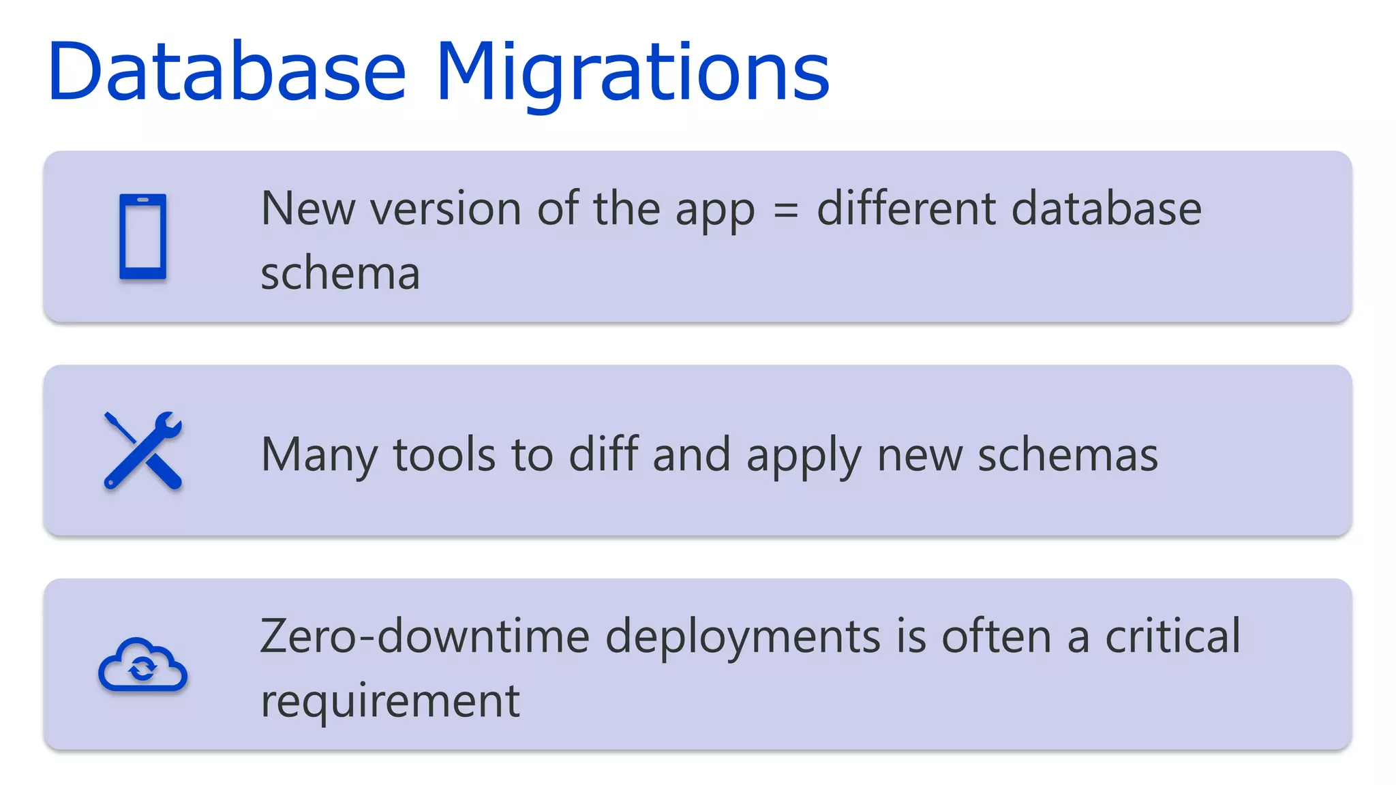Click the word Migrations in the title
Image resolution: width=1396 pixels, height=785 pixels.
pyautogui.click(x=633, y=72)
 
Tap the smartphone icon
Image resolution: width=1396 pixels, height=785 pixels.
pyautogui.click(x=143, y=236)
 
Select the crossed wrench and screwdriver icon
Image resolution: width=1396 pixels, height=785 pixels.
pyautogui.click(x=143, y=450)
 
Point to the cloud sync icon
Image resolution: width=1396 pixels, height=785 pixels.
pyautogui.click(x=143, y=665)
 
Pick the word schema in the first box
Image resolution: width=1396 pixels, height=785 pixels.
pyautogui.click(x=340, y=273)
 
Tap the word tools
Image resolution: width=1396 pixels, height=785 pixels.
pyautogui.click(x=444, y=455)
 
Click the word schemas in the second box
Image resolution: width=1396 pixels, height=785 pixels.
pyautogui.click(x=1067, y=455)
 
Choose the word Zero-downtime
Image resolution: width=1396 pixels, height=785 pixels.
pyautogui.click(x=425, y=636)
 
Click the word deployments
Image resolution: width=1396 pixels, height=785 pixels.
pyautogui.click(x=743, y=637)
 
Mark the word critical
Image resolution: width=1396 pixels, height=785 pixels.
pyautogui.click(x=1172, y=636)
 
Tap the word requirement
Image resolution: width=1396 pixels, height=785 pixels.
pyautogui.click(x=391, y=701)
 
